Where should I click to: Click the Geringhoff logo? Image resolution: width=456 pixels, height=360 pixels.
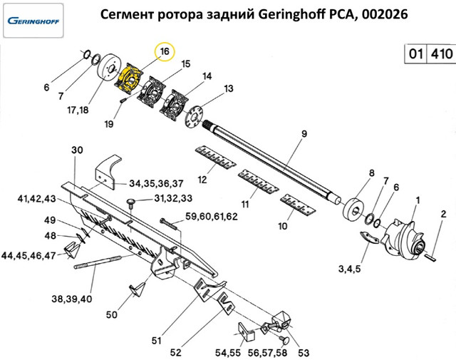(33, 21)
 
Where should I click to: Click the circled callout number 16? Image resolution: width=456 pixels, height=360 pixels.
(165, 51)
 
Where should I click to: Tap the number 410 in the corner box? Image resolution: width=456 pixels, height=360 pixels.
(442, 54)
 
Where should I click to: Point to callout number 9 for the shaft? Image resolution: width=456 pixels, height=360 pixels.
(304, 134)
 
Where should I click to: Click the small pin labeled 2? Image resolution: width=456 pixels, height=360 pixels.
(430, 257)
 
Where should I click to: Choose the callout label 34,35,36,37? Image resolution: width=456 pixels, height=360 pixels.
(157, 184)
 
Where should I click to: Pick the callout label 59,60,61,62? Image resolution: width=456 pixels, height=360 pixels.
(212, 217)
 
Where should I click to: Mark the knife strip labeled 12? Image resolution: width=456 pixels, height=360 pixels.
(215, 158)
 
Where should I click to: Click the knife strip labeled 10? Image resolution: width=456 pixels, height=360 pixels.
(298, 205)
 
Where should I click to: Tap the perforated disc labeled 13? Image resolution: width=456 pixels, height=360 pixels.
(194, 116)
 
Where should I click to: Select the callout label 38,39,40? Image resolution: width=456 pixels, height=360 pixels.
(72, 299)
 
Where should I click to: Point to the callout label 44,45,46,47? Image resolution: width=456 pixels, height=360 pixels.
(28, 255)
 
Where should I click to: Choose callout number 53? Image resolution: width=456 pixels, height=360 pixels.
(304, 353)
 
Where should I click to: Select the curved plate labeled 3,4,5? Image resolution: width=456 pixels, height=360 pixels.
(369, 237)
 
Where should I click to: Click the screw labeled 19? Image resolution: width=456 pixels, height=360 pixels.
(123, 100)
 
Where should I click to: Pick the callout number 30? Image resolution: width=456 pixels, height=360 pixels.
(77, 150)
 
